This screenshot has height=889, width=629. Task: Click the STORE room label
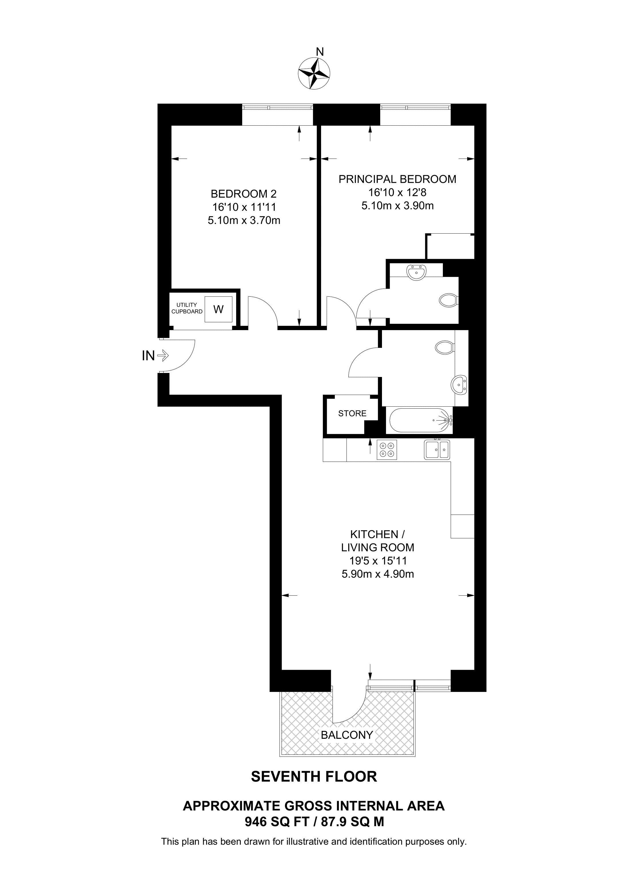point(352,414)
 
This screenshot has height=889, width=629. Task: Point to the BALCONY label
point(347,735)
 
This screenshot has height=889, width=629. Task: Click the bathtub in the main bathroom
point(421,420)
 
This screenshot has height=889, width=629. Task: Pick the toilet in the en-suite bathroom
point(449,300)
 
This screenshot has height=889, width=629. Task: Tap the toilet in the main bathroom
point(445,347)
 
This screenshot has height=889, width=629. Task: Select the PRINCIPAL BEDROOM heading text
point(397,179)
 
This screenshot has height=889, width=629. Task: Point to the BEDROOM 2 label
point(244,194)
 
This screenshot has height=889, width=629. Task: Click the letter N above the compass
point(320,51)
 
